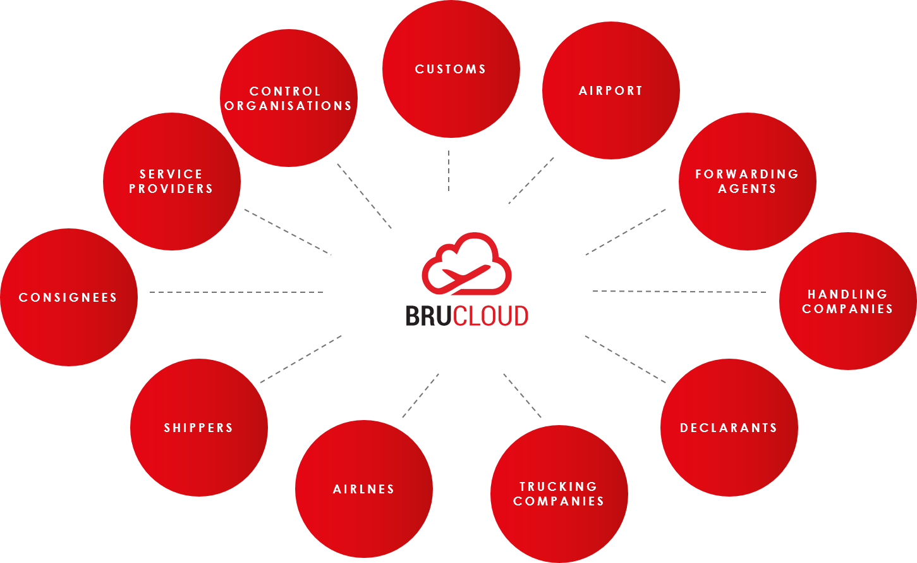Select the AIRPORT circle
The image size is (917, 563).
pos(610,90)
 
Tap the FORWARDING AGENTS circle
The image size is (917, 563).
pos(747,181)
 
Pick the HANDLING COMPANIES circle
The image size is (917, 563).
pos(847,301)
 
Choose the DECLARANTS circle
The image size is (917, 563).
pos(729,428)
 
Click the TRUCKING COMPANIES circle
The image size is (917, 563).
pos(559,493)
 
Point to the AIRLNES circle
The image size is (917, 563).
pos(363,488)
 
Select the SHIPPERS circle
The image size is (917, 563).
pos(198,428)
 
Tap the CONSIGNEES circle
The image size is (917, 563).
pos(68,297)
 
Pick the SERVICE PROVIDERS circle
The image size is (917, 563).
pos(171,181)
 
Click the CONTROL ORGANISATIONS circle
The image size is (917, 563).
pos(288,98)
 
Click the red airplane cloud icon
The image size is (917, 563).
pos(466,264)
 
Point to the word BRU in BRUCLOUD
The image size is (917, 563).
pos(427,316)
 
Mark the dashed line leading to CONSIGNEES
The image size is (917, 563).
pos(236,292)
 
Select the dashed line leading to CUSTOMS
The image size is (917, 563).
pos(449,171)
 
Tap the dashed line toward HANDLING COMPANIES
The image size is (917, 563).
pos(679,292)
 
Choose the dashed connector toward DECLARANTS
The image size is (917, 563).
pos(625,359)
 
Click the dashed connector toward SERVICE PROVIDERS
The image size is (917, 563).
pos(288,232)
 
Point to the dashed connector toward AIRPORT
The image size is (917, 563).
pos(531,180)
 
